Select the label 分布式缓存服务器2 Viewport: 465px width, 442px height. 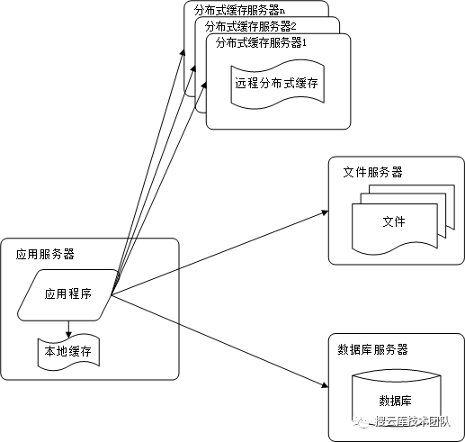point(249,26)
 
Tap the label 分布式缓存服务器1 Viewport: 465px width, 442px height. point(262,42)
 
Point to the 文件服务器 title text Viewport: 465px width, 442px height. point(372,172)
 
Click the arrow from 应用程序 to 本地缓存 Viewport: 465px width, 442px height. point(68,326)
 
